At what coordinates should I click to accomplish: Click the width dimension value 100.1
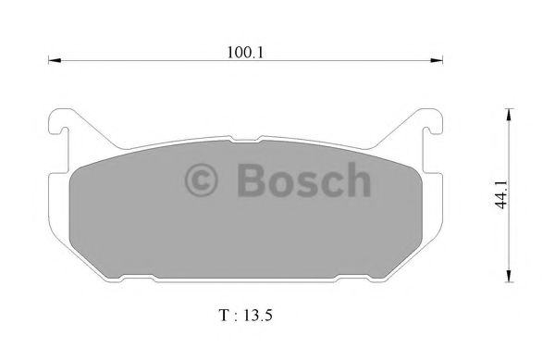click(x=244, y=53)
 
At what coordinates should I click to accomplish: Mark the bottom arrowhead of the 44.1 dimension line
click(x=507, y=278)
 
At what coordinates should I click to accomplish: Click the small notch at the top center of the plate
click(x=244, y=139)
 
